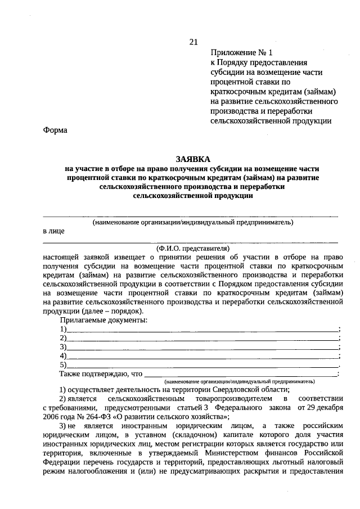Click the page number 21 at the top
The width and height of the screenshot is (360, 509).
click(x=193, y=42)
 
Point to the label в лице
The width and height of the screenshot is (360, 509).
click(x=54, y=231)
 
